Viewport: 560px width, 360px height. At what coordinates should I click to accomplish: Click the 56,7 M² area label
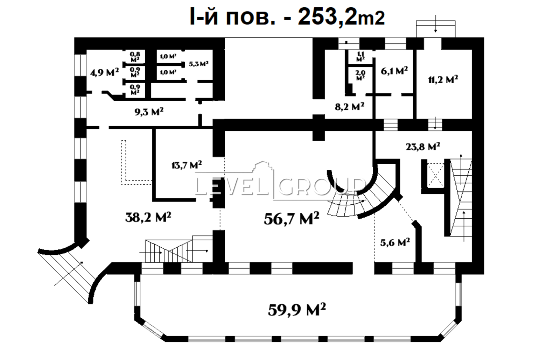pos(292,219)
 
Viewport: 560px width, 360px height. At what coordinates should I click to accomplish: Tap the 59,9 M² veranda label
pos(297,310)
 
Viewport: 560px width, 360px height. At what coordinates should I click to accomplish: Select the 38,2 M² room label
pos(148,217)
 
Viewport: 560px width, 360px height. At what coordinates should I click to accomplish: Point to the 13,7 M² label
pos(187,165)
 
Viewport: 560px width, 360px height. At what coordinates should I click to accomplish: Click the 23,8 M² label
pos(423,146)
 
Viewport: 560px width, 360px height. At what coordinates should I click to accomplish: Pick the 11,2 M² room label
pos(443,80)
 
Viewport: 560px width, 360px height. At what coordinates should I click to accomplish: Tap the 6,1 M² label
pos(394,71)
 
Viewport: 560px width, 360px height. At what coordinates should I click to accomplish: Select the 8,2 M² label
pos(349,107)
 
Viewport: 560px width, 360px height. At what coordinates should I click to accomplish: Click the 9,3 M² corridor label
pos(149,112)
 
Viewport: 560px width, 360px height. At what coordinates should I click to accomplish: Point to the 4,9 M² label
pos(105,73)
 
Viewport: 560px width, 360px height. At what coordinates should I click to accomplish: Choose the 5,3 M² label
pos(198,64)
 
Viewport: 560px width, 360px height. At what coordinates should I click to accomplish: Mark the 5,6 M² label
pos(395,242)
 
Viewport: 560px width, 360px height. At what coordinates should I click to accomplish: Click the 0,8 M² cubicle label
pos(135,57)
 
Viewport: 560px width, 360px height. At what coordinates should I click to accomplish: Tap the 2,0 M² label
pos(360,75)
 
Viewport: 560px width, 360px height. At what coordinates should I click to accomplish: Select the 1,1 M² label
pos(360,56)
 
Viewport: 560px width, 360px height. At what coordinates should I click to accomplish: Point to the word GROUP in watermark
pos(321,187)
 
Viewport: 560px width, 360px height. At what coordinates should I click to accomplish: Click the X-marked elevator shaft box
pos(435,175)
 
